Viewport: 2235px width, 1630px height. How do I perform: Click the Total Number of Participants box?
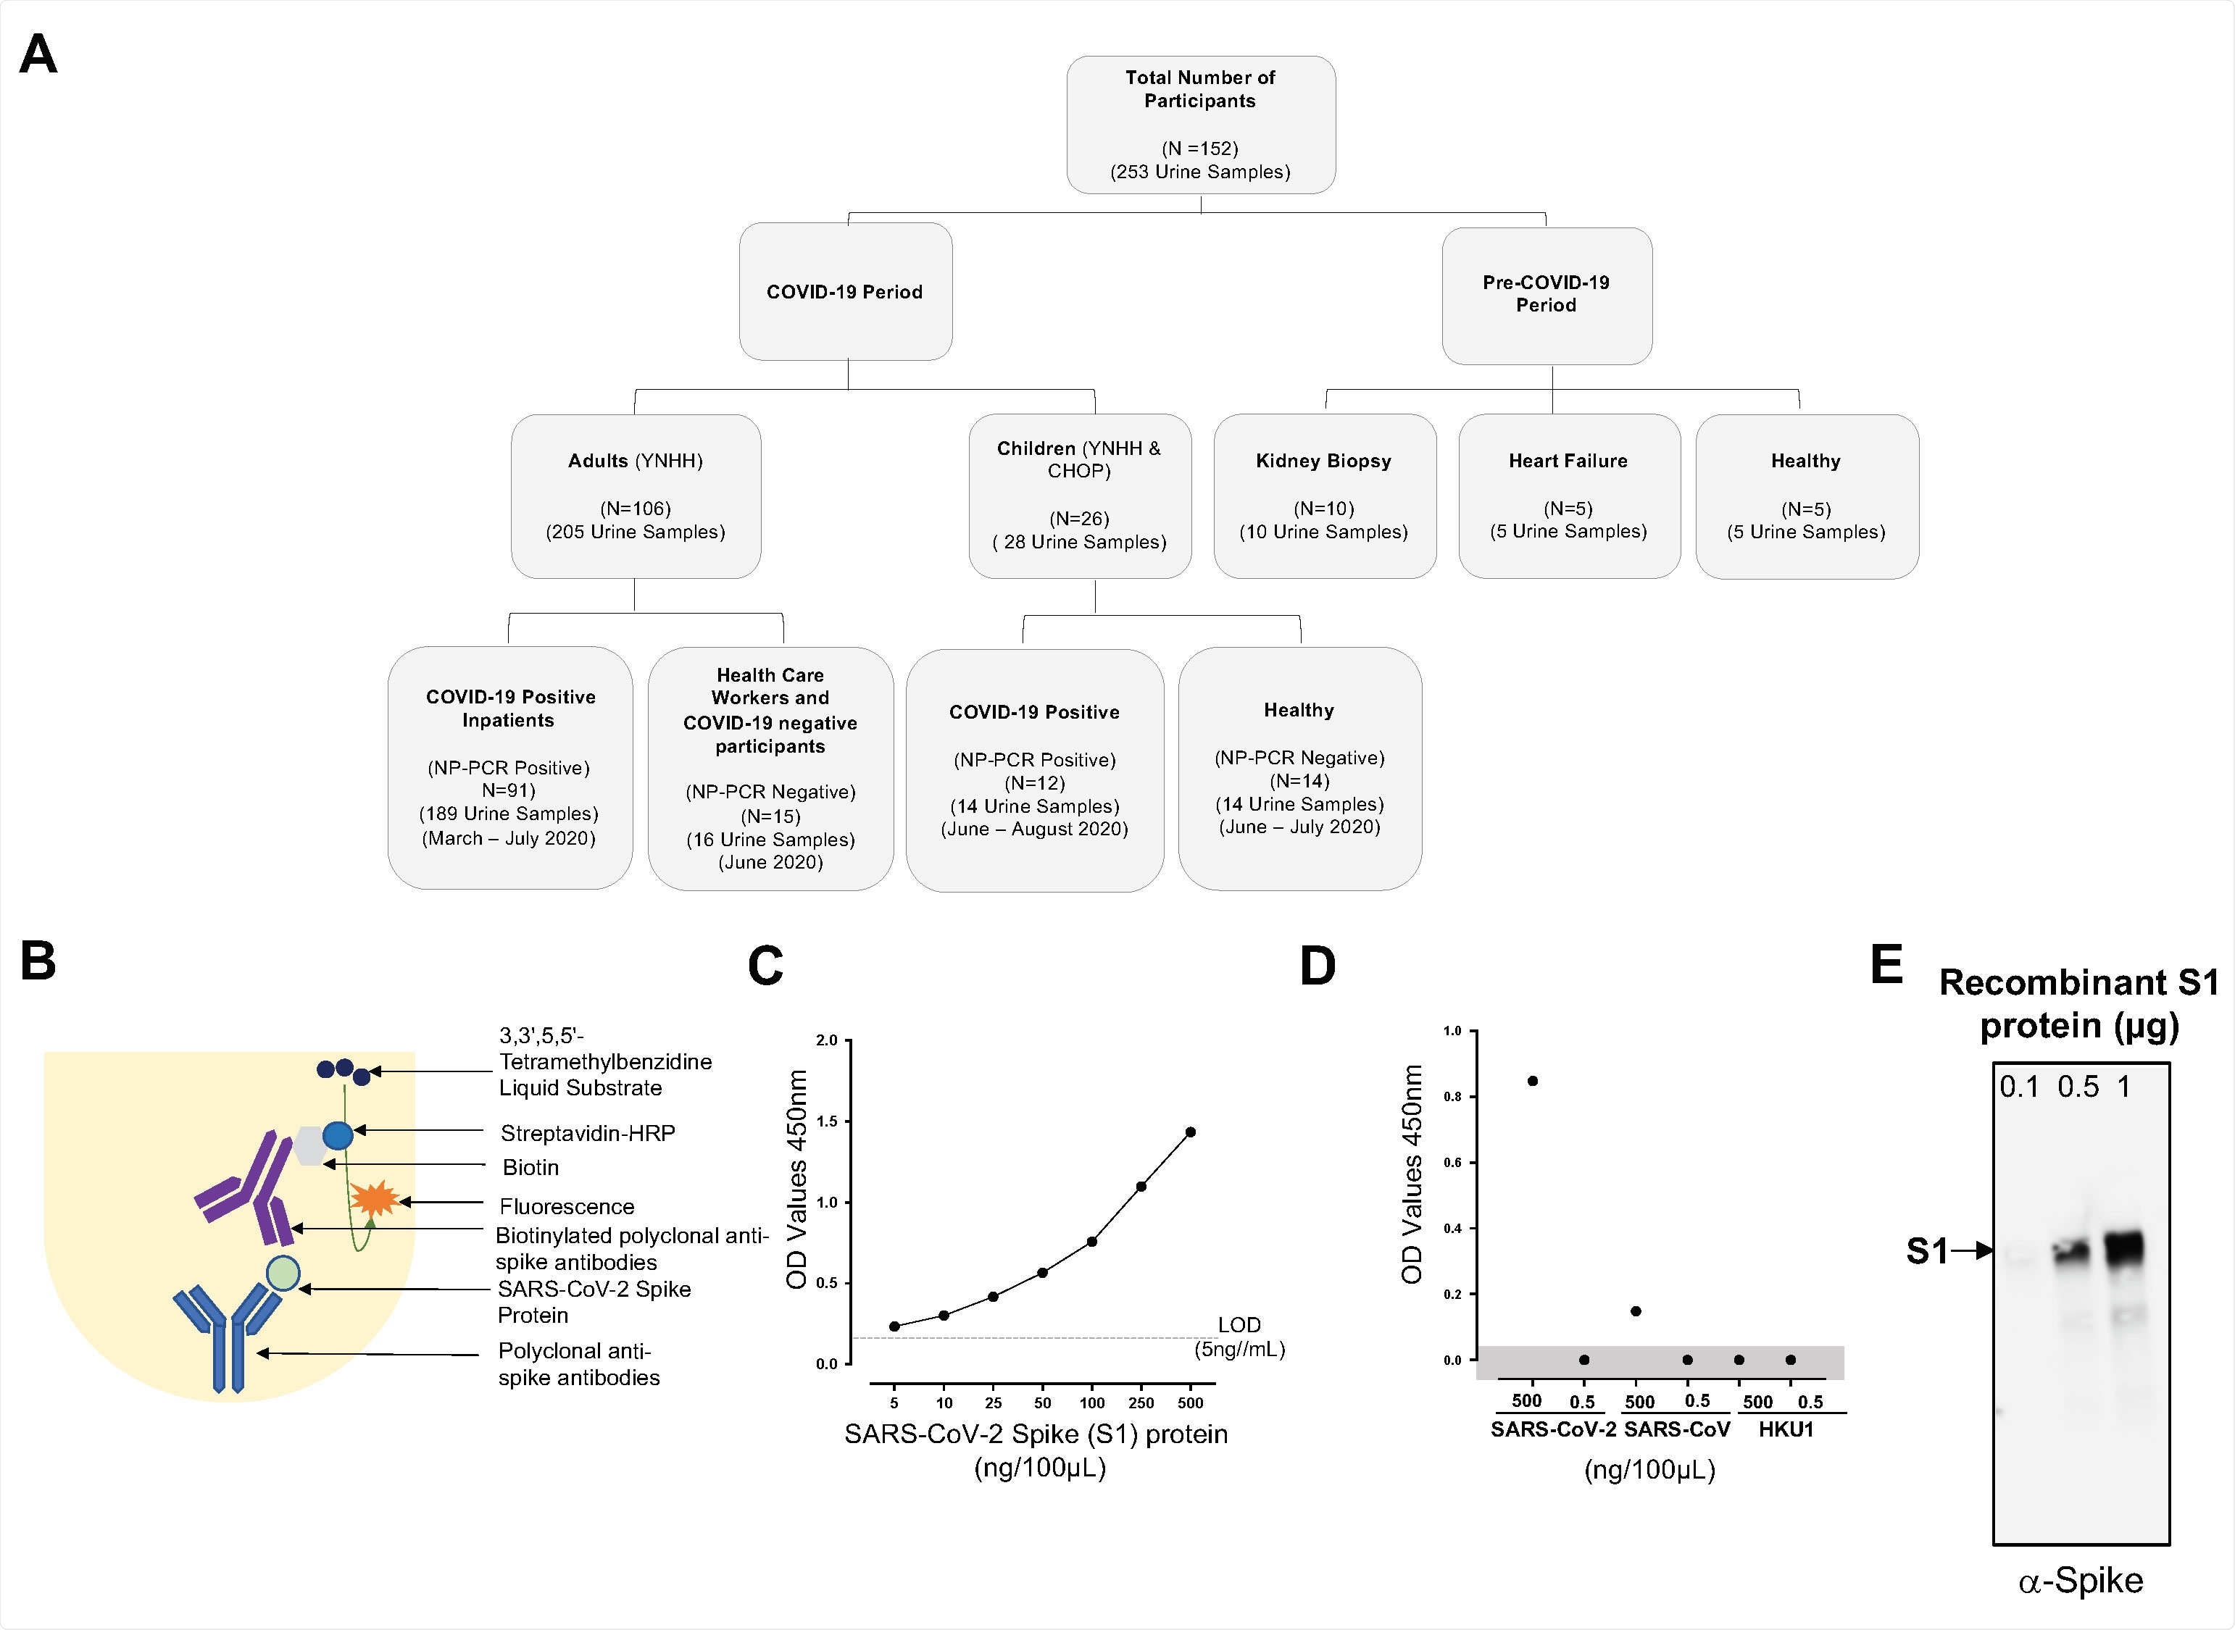pyautogui.click(x=1200, y=125)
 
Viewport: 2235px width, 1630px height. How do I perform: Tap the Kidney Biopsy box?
pyautogui.click(x=1324, y=496)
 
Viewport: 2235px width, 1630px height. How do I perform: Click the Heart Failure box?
pyautogui.click(x=1568, y=496)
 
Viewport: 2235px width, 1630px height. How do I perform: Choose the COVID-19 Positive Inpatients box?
pyautogui.click(x=509, y=768)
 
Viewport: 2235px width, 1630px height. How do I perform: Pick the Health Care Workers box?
pyautogui.click(x=770, y=768)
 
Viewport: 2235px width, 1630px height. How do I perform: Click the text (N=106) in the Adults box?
pyautogui.click(x=636, y=508)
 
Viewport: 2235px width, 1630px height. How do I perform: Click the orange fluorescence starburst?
pyautogui.click(x=375, y=1199)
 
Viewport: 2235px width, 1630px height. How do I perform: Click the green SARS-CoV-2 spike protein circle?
pyautogui.click(x=283, y=1273)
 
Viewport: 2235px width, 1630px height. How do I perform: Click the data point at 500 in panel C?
pyautogui.click(x=1190, y=1132)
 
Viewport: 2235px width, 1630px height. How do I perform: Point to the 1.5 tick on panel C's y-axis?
pyautogui.click(x=826, y=1121)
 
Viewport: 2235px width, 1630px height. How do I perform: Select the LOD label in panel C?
pyautogui.click(x=1239, y=1325)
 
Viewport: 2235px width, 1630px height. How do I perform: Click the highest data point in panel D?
pyautogui.click(x=1533, y=1080)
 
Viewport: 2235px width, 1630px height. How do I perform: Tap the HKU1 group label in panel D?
pyautogui.click(x=1786, y=1429)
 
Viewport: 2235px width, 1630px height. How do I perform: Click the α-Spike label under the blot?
pyautogui.click(x=2080, y=1581)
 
